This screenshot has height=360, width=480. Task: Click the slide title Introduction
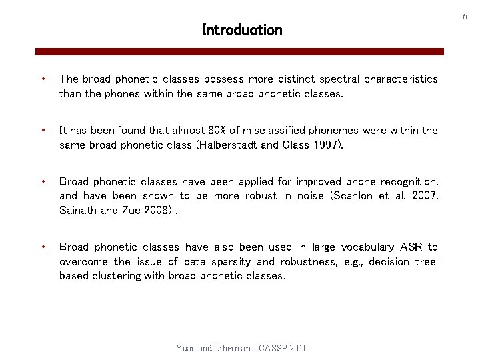coord(242,30)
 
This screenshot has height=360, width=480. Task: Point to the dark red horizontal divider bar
coord(239,51)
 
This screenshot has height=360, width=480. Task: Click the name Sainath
coord(78,211)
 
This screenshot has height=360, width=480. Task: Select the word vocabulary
coord(361,247)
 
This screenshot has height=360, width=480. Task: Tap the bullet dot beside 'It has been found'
coord(43,131)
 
